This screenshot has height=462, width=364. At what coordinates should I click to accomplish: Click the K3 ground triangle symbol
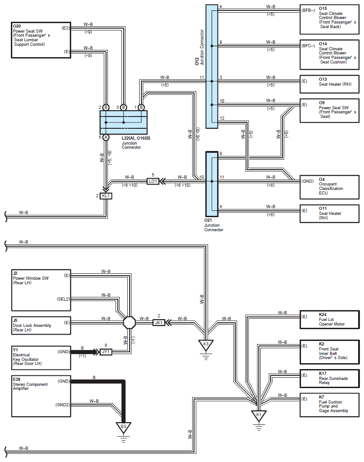206,345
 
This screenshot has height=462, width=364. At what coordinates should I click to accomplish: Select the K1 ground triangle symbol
259,415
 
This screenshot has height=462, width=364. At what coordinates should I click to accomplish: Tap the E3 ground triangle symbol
123,427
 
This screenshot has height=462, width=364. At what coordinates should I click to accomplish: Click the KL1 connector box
106,196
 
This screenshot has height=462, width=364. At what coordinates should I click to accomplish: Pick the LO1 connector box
153,181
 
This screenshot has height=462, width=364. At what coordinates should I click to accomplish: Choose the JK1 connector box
159,323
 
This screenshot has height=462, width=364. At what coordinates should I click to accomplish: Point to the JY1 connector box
106,352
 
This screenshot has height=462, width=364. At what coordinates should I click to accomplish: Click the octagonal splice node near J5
129,323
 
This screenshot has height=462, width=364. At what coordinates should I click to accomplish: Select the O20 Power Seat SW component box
41,40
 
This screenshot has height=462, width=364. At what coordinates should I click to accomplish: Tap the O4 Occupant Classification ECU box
330,187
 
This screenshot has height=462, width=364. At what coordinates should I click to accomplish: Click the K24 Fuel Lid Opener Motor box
330,320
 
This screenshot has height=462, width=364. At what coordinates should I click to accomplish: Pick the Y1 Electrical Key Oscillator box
41,358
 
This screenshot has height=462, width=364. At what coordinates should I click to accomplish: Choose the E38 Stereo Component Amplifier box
41,396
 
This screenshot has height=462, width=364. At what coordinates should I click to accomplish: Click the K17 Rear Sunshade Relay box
330,379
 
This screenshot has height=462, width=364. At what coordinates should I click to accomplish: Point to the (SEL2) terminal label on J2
63,299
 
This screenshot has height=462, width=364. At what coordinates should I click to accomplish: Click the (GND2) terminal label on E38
63,405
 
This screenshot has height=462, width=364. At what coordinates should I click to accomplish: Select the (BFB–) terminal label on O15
308,10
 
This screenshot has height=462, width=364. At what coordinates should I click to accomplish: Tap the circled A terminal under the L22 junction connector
106,137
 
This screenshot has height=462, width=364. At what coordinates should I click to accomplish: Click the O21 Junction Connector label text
214,225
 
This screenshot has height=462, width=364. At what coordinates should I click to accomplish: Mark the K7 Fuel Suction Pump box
330,405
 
